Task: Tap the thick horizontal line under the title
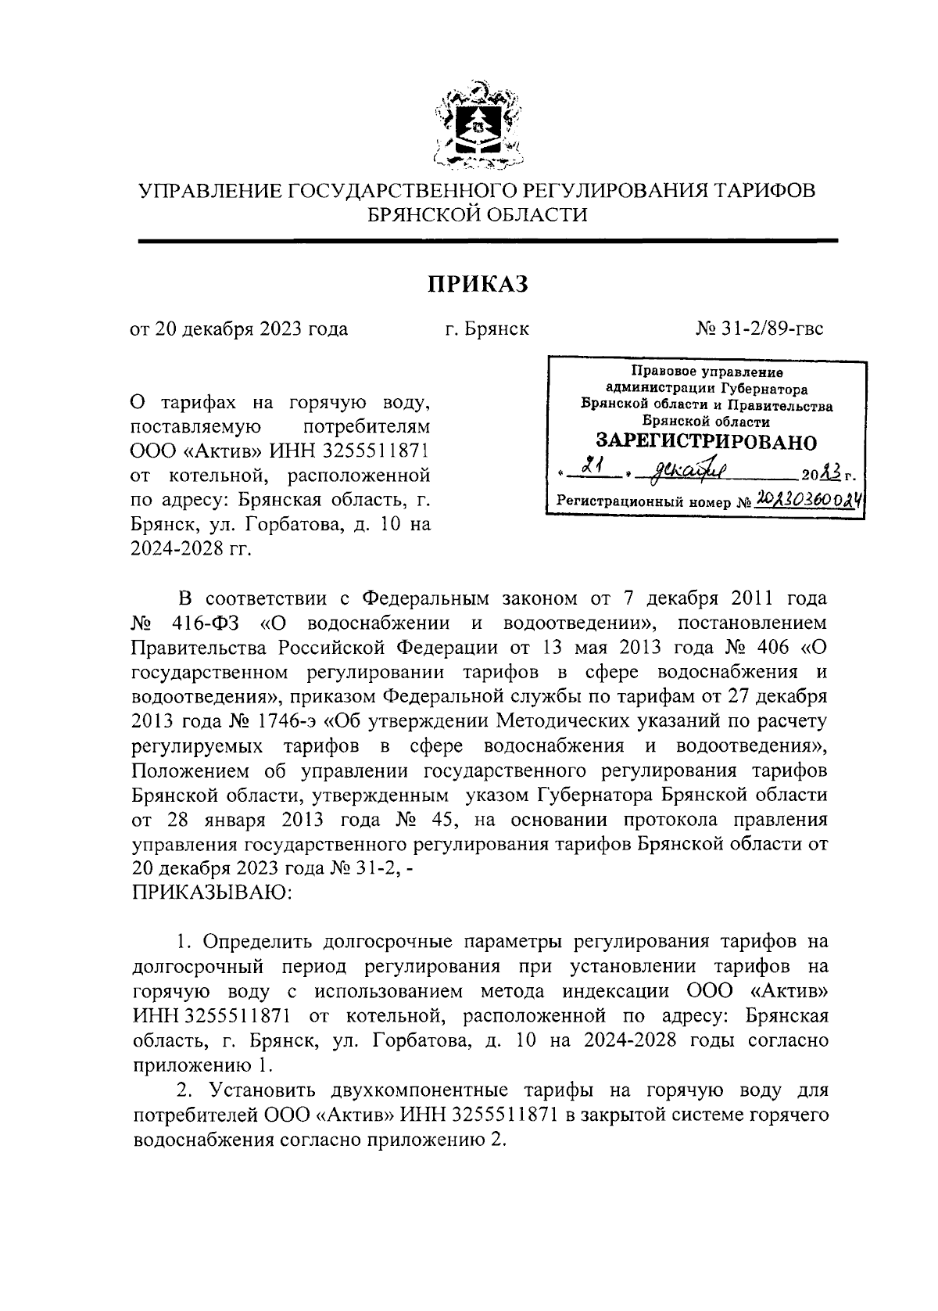(488, 242)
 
